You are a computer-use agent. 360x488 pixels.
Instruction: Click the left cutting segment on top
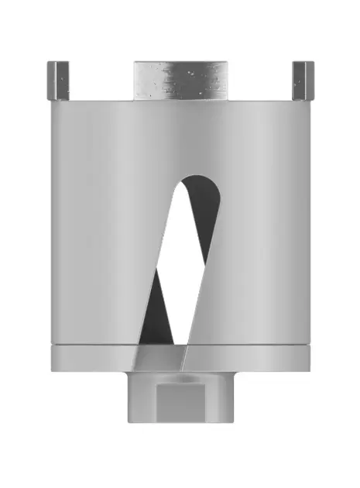(x=59, y=81)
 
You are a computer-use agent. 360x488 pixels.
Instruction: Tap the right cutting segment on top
(x=300, y=81)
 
